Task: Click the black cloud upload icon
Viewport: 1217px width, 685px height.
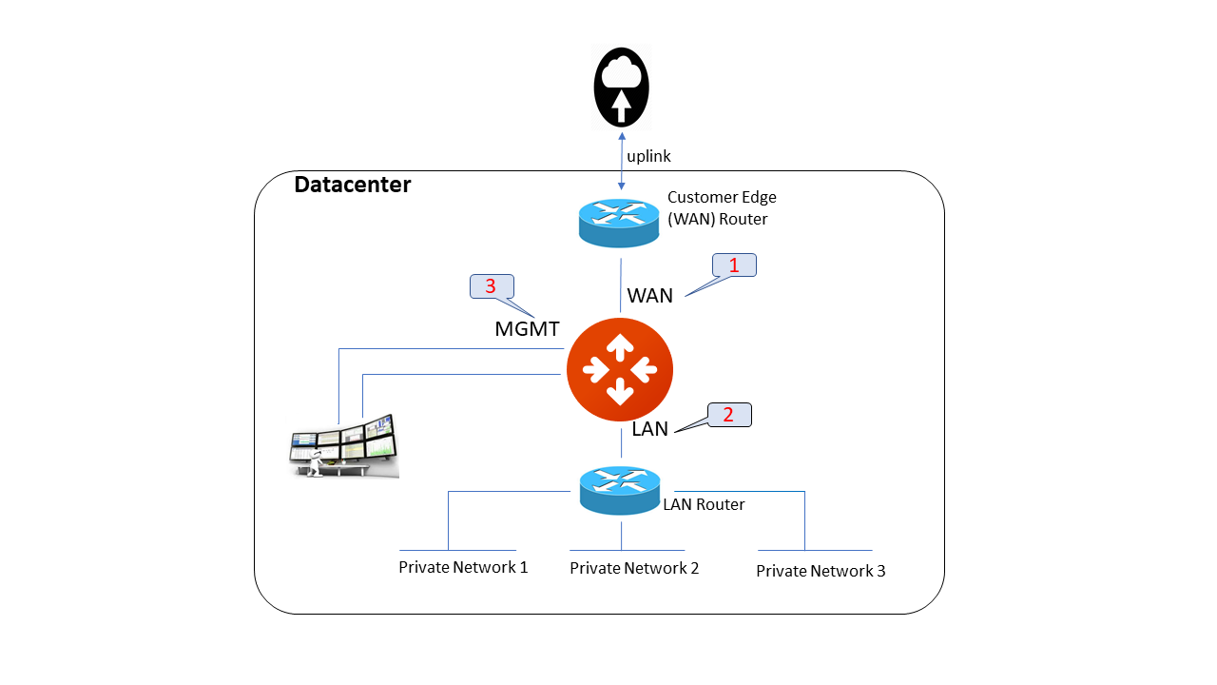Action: (621, 87)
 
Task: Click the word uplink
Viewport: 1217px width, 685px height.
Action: (649, 156)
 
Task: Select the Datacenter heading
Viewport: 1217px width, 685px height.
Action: (352, 185)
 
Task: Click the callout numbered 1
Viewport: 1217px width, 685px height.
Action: (734, 265)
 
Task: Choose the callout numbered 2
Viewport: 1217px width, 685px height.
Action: (729, 415)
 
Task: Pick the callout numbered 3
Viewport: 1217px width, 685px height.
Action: (492, 286)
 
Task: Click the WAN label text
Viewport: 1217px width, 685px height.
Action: (650, 296)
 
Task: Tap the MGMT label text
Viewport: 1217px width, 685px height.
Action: (527, 329)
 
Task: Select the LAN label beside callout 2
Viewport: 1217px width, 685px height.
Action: (650, 429)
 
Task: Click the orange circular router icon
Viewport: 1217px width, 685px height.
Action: (620, 369)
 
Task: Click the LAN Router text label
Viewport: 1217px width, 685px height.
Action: (704, 504)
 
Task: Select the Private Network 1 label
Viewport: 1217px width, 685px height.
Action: (463, 567)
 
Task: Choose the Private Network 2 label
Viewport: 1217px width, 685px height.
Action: (634, 568)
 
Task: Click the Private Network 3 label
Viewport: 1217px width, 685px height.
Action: (821, 571)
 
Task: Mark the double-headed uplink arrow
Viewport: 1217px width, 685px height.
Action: (622, 163)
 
